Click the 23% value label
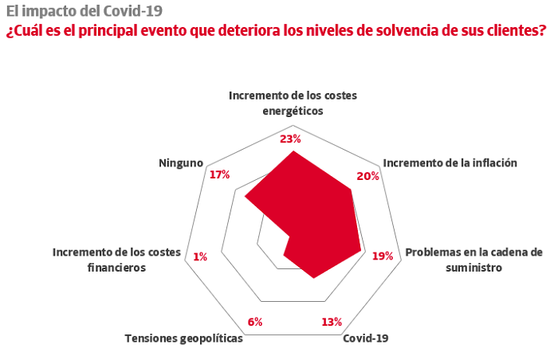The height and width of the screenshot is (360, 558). [290, 139]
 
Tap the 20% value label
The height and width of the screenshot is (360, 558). [368, 176]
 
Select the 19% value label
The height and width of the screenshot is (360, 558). [383, 256]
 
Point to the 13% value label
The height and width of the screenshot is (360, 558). [332, 322]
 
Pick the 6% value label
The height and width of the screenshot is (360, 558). [255, 322]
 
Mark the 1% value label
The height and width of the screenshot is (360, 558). [200, 256]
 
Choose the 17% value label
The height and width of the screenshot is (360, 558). [219, 174]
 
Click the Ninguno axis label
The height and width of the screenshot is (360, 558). [181, 163]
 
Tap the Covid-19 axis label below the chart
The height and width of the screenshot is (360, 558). [365, 338]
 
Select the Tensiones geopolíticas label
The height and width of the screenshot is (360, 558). [183, 338]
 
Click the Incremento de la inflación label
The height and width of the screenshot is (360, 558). [450, 163]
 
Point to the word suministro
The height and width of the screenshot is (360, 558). [474, 268]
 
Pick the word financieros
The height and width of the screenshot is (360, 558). [116, 268]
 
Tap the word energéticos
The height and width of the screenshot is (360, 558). [293, 111]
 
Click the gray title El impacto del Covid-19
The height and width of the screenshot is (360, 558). [84, 11]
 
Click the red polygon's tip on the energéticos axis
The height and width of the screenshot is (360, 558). [293, 151]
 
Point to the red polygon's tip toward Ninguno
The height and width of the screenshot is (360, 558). [245, 196]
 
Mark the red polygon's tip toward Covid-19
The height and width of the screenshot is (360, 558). [313, 278]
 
